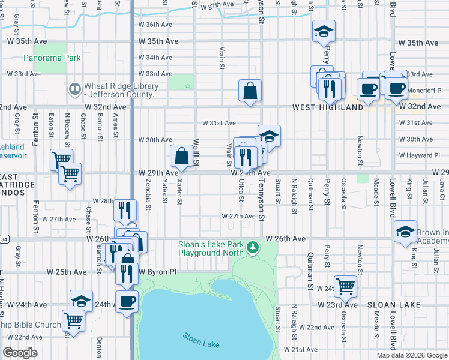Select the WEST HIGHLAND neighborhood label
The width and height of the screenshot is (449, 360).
(x=328, y=107)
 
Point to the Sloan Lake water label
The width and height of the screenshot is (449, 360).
(x=201, y=340)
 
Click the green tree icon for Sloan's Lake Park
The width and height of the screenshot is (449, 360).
(x=253, y=247)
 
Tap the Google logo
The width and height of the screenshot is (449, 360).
(x=20, y=353)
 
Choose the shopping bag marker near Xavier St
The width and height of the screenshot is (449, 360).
(x=182, y=157)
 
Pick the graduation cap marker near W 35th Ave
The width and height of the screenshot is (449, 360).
(x=324, y=31)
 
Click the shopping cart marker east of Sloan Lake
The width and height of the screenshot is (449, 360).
(x=345, y=286)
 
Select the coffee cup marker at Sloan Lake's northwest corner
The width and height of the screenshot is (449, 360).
(x=127, y=302)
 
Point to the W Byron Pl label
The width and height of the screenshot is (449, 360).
(x=158, y=272)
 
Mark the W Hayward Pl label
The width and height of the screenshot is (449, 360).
(x=420, y=155)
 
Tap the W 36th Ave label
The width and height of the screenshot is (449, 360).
(x=155, y=25)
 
